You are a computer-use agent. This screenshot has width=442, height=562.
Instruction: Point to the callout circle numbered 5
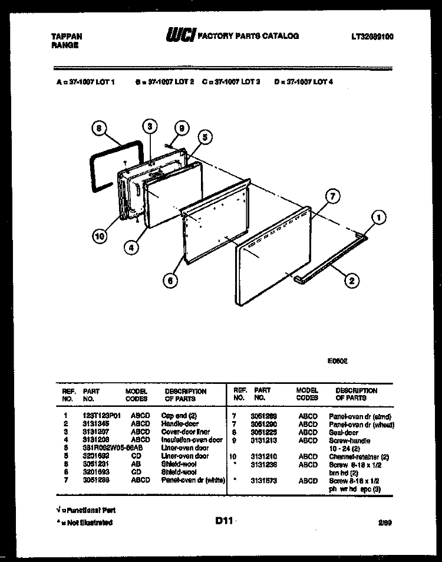[203, 137]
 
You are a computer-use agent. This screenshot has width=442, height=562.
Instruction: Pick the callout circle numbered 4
[133, 248]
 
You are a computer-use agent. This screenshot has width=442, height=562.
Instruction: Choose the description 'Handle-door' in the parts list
[180, 423]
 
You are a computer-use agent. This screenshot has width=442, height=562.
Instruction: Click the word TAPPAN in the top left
[64, 36]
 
